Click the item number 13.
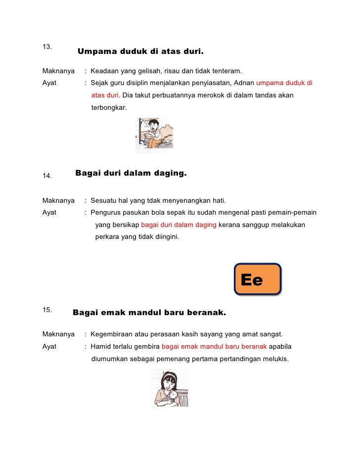point(47,47)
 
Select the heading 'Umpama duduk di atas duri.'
point(140,51)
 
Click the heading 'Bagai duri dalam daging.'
point(131,173)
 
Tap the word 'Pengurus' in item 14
point(105,213)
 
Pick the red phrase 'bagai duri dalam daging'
point(179,225)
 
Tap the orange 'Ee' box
point(257,280)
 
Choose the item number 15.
point(47,310)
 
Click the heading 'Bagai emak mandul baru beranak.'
point(149,313)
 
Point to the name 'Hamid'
point(101,346)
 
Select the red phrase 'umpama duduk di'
point(284,83)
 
